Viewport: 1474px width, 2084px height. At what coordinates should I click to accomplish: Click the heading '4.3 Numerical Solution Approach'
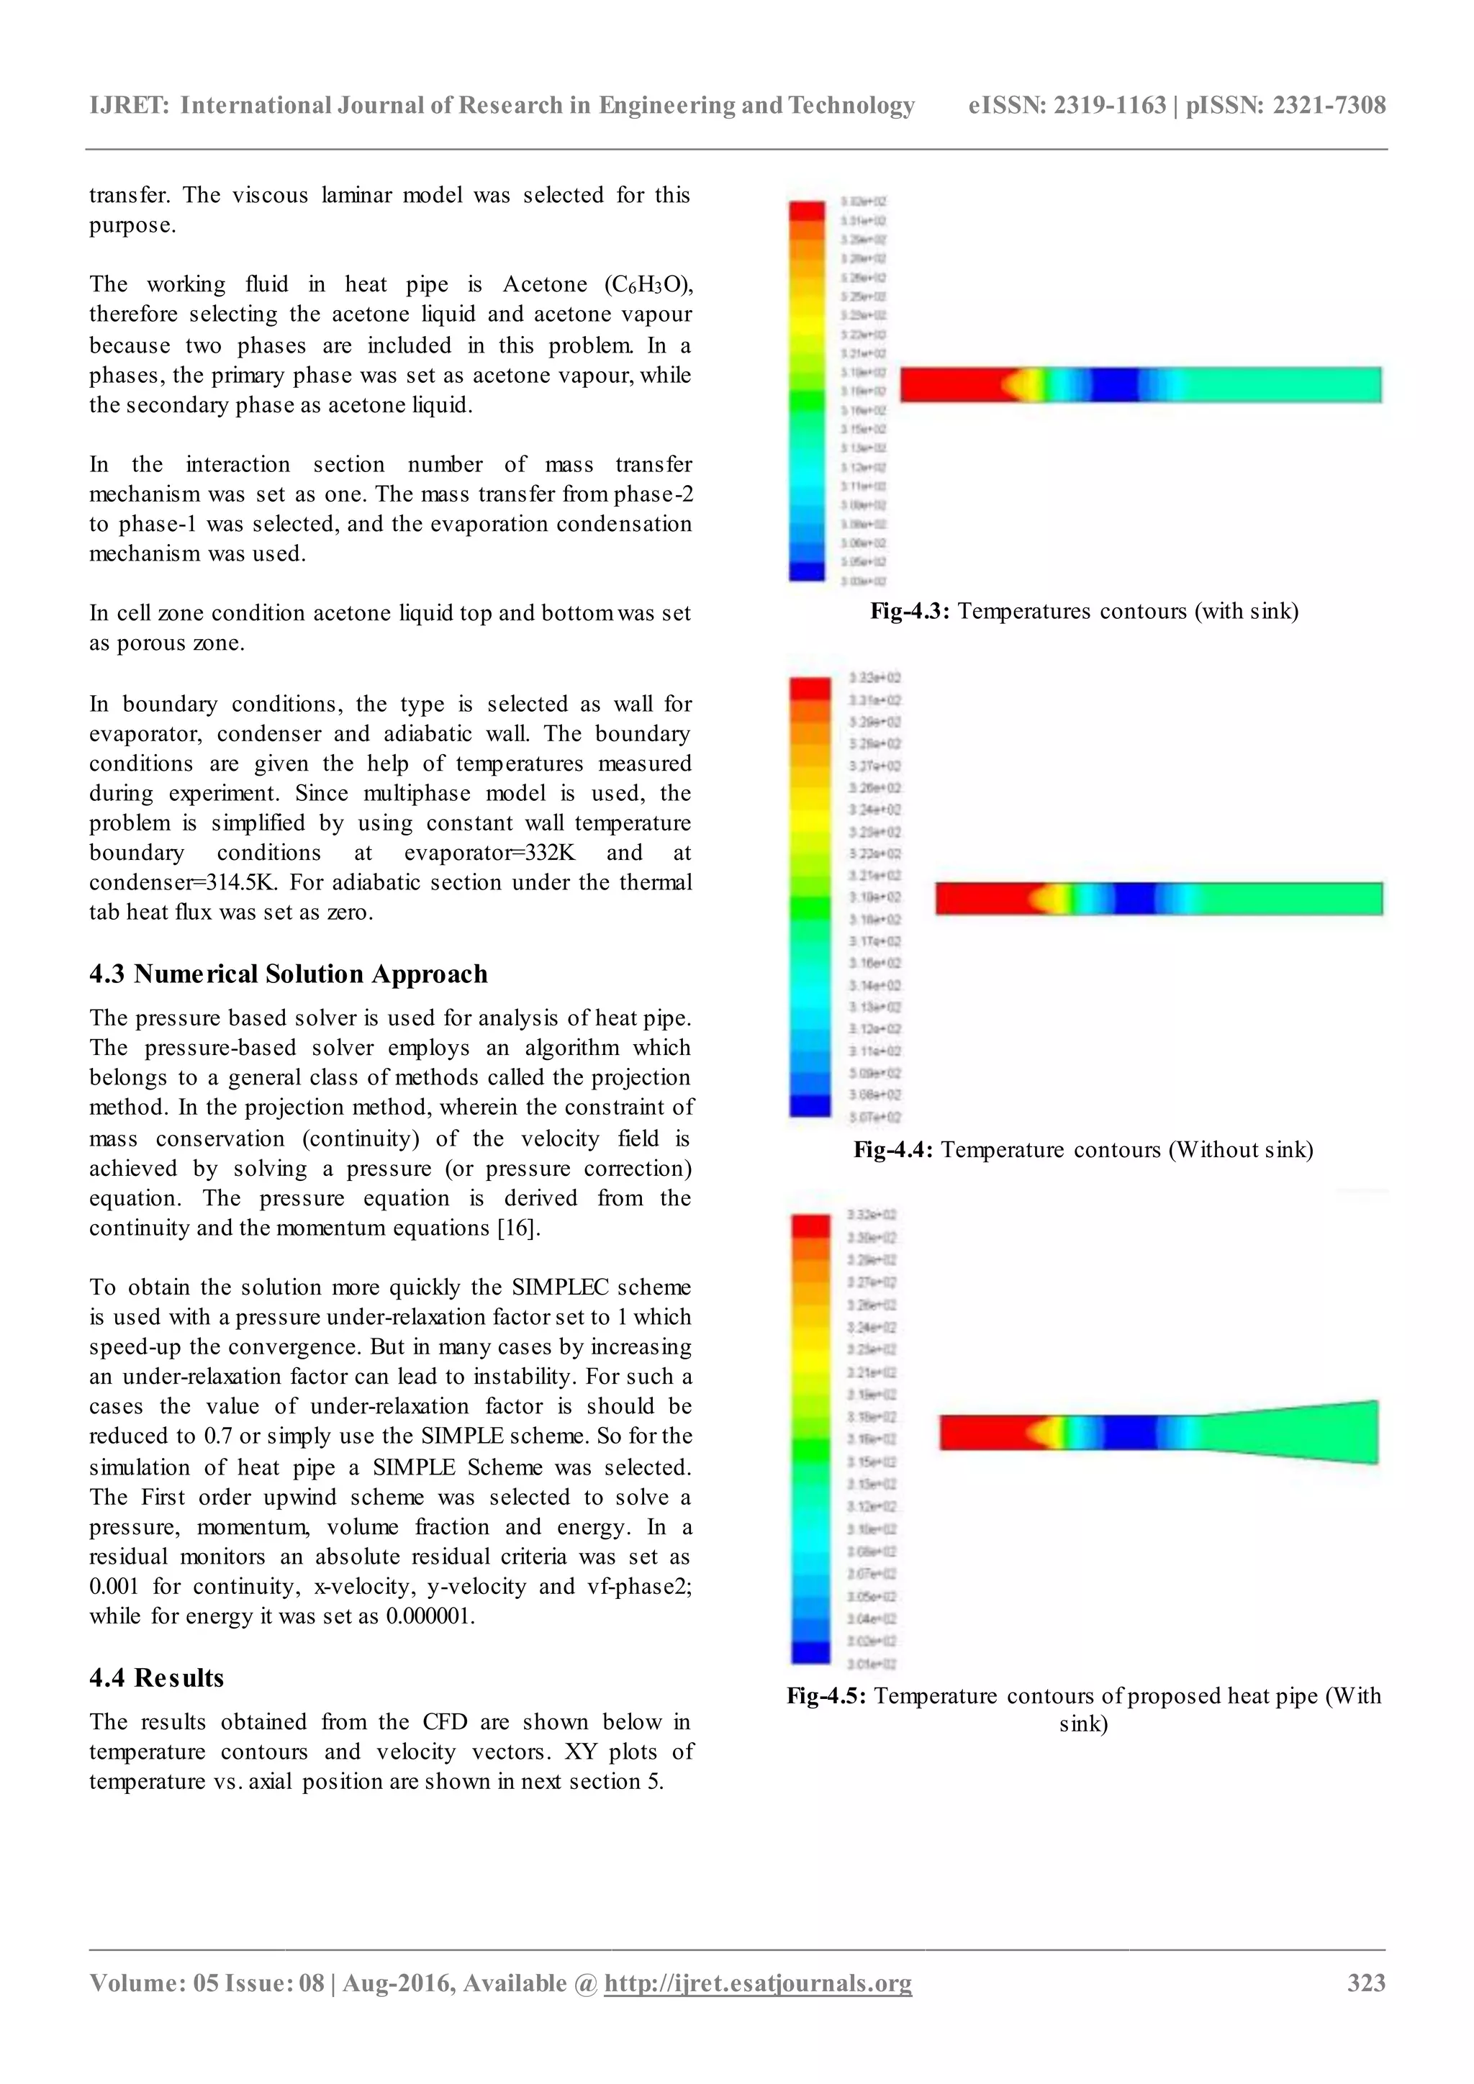[288, 974]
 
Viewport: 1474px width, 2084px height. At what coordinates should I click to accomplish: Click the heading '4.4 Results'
[156, 1677]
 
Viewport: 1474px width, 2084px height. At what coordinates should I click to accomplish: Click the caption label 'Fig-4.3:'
[910, 611]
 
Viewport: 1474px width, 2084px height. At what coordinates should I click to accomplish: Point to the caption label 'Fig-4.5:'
[826, 1695]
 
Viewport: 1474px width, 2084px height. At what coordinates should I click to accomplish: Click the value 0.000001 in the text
[428, 1616]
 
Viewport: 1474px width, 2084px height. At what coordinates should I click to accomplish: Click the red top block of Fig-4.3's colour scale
[806, 211]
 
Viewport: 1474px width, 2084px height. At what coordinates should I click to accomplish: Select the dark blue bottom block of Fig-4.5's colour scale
[810, 1652]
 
